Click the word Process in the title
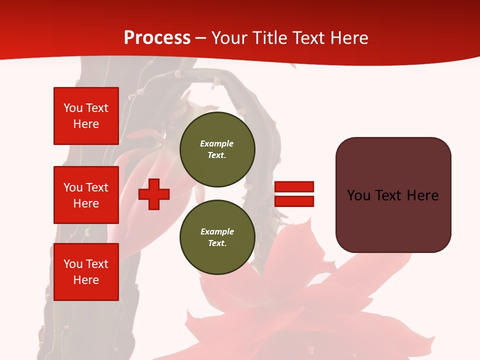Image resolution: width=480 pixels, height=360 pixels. point(157,38)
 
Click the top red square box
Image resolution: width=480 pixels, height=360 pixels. point(86,116)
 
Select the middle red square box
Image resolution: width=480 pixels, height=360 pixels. point(86,195)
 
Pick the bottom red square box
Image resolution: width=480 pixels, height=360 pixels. point(86,272)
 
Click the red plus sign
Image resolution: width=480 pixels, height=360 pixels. point(154,194)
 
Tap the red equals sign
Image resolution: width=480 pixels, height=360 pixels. point(294,194)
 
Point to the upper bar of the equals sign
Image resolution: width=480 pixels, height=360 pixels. point(294,187)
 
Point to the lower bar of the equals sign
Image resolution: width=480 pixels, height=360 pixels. point(294,201)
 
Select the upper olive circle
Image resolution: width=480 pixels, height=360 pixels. point(217,149)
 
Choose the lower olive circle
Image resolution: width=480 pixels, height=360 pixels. point(217,237)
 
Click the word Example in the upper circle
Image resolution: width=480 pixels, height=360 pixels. point(217,143)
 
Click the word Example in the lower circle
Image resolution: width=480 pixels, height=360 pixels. point(217,231)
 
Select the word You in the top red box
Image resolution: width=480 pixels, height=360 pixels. point(72,108)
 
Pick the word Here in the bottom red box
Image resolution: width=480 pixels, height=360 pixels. point(86,280)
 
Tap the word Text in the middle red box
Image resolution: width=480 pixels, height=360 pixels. point(96,187)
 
